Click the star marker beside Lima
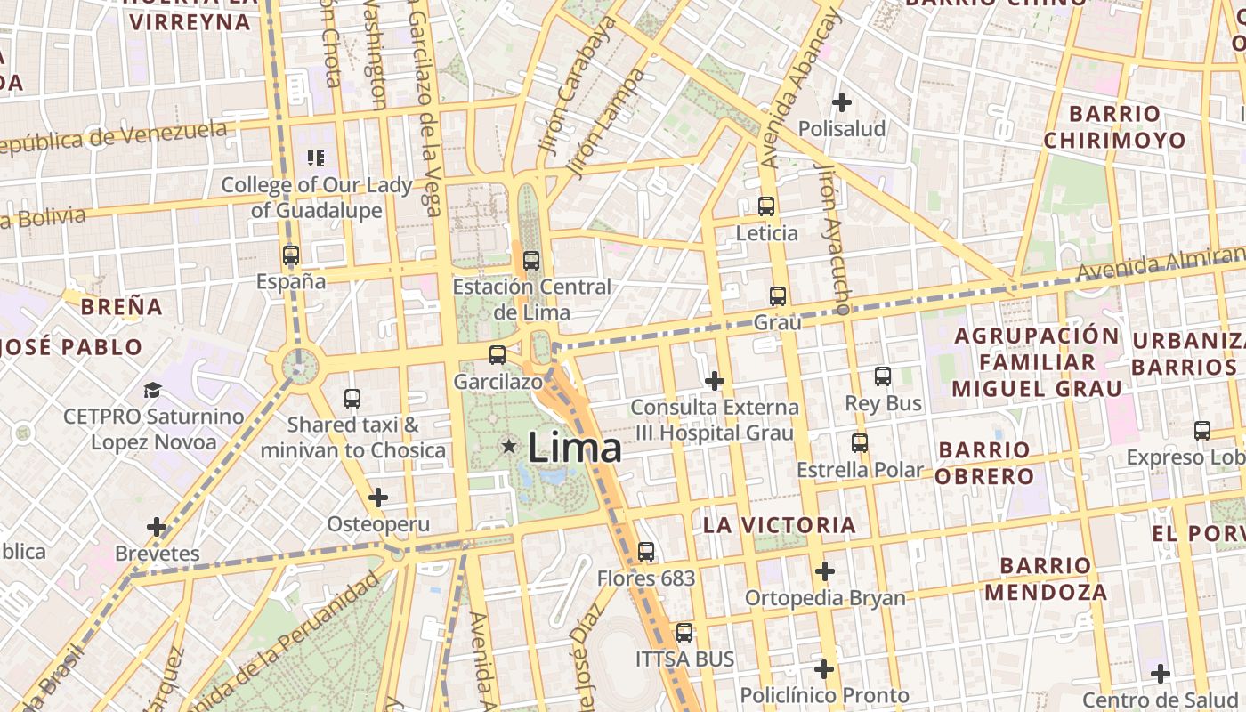pyautogui.click(x=509, y=445)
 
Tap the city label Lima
pyautogui.click(x=574, y=447)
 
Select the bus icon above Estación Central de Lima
pyautogui.click(x=531, y=261)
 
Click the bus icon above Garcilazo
pyautogui.click(x=498, y=354)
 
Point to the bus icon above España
pyautogui.click(x=290, y=255)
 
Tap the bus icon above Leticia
pyautogui.click(x=766, y=206)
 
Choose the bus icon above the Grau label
pyautogui.click(x=778, y=295)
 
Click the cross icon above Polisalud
pyautogui.click(x=841, y=102)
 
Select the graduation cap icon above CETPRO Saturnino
pyautogui.click(x=153, y=390)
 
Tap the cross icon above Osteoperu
pyautogui.click(x=378, y=498)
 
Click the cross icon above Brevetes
pyautogui.click(x=157, y=527)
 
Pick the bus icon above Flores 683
pyautogui.click(x=646, y=552)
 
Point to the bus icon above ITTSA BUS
pyautogui.click(x=684, y=633)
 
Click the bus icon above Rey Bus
pyautogui.click(x=883, y=376)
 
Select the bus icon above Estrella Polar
pyautogui.click(x=860, y=442)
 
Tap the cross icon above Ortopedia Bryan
pyautogui.click(x=825, y=570)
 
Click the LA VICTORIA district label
pyautogui.click(x=780, y=525)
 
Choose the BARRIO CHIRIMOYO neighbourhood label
pyautogui.click(x=1114, y=127)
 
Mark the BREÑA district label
pyautogui.click(x=122, y=307)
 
